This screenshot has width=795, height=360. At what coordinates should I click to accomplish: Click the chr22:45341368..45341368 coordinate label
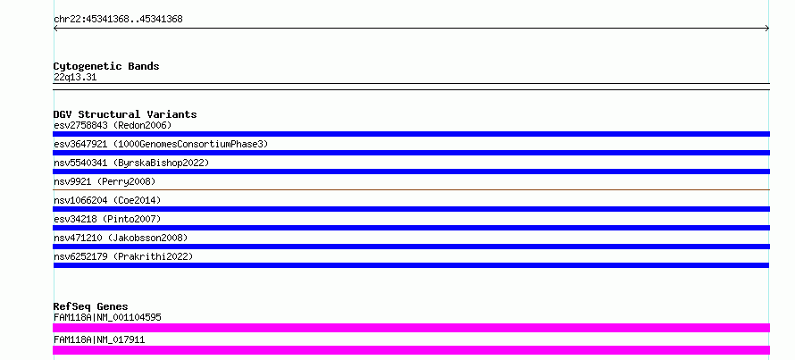118,20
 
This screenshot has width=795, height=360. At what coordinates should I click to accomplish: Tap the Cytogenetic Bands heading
106,66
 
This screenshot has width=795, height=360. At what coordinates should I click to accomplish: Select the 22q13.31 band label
75,78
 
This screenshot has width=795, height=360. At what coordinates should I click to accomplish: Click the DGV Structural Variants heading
125,114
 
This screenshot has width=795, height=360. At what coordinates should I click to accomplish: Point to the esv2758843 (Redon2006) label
113,125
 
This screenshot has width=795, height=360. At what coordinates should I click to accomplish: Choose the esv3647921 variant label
161,144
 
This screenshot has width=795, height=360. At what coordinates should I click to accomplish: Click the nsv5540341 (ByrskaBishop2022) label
131,163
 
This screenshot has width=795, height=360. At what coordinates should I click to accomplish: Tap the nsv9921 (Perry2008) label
105,181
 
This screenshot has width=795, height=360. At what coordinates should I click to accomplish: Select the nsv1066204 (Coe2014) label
107,200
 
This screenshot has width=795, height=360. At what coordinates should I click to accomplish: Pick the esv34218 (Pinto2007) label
107,219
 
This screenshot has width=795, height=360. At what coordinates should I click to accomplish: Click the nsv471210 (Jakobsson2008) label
121,238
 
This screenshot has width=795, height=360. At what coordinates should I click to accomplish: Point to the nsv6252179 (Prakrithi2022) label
123,256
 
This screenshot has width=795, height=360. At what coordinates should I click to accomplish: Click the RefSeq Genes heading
91,306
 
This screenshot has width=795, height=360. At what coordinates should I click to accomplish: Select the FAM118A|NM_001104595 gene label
107,317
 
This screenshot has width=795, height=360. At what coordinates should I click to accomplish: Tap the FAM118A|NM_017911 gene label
99,339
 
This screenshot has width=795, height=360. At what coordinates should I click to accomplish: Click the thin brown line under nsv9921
411,189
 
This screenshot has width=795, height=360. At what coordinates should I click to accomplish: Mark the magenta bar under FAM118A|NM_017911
411,350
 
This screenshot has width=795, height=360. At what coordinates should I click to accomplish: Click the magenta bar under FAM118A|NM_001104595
411,328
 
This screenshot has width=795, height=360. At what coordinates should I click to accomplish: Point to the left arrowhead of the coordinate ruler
54,29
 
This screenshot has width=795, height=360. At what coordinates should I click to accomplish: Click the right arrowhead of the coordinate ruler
768,29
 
